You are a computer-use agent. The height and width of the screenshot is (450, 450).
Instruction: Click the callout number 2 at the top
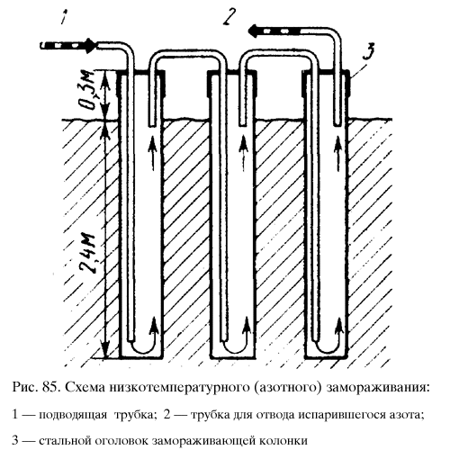click(229, 16)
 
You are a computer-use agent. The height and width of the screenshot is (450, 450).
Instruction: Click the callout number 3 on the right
click(369, 50)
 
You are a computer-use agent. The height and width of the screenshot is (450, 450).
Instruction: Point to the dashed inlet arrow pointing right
click(68, 46)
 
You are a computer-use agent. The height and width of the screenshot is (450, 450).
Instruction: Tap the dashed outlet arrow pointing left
click(275, 31)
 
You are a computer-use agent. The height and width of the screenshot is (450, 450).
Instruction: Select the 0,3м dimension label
click(89, 89)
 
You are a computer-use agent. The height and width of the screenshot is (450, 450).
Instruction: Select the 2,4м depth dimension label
click(89, 254)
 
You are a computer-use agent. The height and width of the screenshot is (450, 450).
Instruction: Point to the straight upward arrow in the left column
click(153, 153)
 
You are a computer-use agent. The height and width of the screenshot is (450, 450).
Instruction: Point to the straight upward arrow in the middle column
click(245, 153)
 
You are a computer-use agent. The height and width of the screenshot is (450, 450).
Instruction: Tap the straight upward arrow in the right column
click(338, 153)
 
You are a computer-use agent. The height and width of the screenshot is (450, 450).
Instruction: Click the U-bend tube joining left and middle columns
click(188, 53)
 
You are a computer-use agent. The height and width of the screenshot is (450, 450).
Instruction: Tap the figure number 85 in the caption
click(50, 387)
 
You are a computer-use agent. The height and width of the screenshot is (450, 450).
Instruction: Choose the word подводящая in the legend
click(73, 416)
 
